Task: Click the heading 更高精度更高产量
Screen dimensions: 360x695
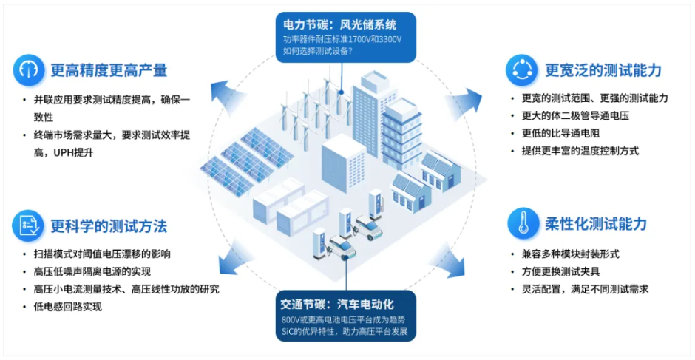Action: [x=109, y=70]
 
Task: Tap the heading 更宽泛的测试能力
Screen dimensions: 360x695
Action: [x=603, y=70]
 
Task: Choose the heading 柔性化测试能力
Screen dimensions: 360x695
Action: [x=596, y=223]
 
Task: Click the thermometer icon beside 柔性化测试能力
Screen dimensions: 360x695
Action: [x=522, y=223]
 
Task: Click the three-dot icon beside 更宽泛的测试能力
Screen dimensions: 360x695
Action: [x=522, y=70]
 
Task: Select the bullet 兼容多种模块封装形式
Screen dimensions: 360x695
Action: [x=571, y=254]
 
